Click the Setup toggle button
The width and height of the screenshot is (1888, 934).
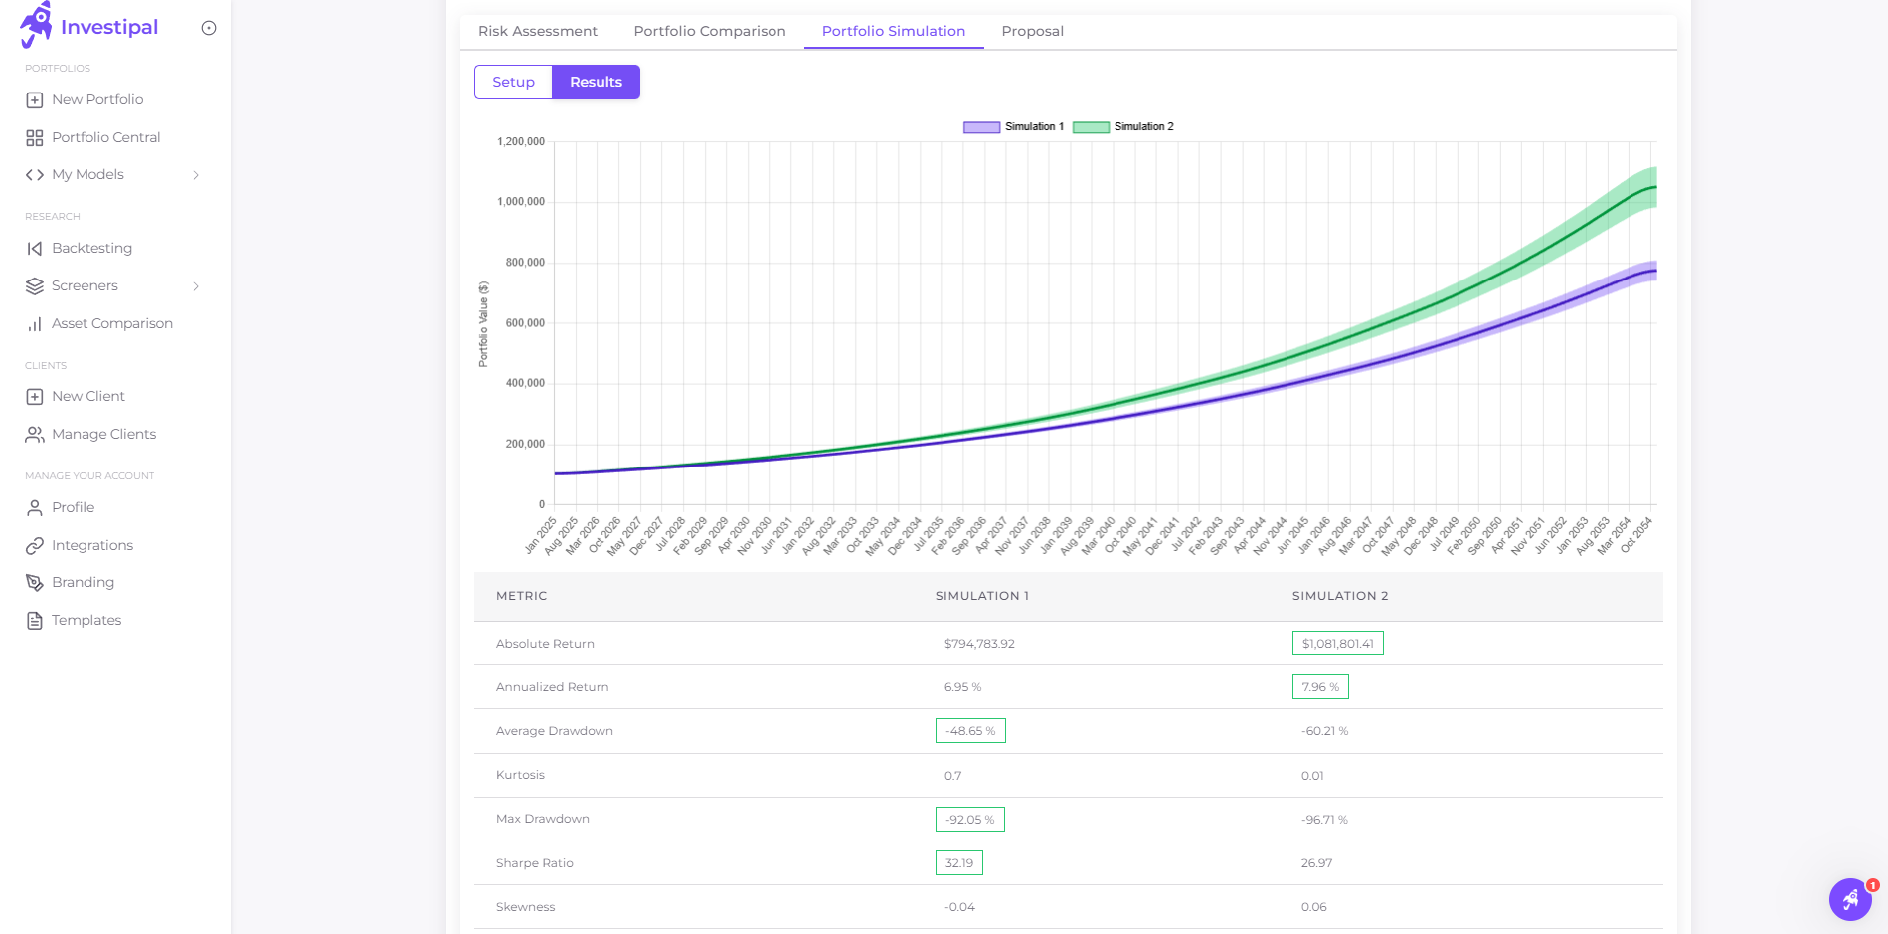click(513, 82)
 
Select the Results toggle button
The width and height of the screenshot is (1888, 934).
click(596, 82)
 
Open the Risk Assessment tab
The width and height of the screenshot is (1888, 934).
click(538, 31)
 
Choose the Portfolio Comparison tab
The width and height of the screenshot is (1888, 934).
click(710, 31)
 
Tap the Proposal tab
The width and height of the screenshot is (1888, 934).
click(1032, 31)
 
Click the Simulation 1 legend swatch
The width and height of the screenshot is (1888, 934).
click(981, 127)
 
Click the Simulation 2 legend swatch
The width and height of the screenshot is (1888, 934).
click(1091, 127)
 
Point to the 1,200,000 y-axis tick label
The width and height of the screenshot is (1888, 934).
click(521, 142)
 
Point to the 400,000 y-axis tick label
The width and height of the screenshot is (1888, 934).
click(525, 383)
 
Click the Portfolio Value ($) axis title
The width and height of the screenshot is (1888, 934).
click(483, 324)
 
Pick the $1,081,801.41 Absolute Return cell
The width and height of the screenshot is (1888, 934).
click(1337, 644)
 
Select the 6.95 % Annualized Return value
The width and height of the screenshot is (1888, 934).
click(962, 687)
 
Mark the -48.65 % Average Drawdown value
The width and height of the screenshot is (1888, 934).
click(970, 731)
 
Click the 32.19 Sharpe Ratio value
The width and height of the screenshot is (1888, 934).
click(959, 863)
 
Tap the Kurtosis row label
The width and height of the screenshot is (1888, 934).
click(520, 775)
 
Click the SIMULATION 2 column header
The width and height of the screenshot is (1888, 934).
click(1339, 596)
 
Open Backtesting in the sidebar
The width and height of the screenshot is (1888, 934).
click(91, 248)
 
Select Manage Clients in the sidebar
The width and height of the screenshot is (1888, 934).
click(103, 434)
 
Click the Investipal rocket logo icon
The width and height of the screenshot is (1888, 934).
click(36, 25)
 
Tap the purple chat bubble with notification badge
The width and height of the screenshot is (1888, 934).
click(1850, 899)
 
